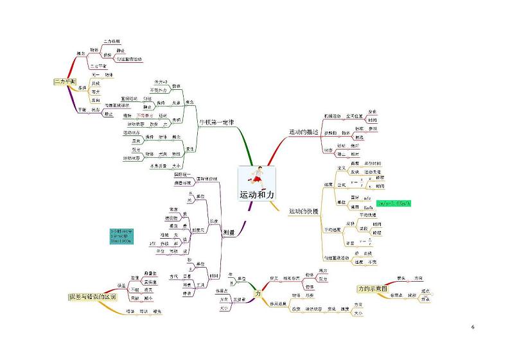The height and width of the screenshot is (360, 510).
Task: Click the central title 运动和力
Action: click(257, 194)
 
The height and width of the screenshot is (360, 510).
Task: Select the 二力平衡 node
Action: click(64, 81)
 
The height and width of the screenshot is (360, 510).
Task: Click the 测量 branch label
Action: click(228, 233)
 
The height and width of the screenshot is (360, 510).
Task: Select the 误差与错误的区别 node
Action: click(92, 297)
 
